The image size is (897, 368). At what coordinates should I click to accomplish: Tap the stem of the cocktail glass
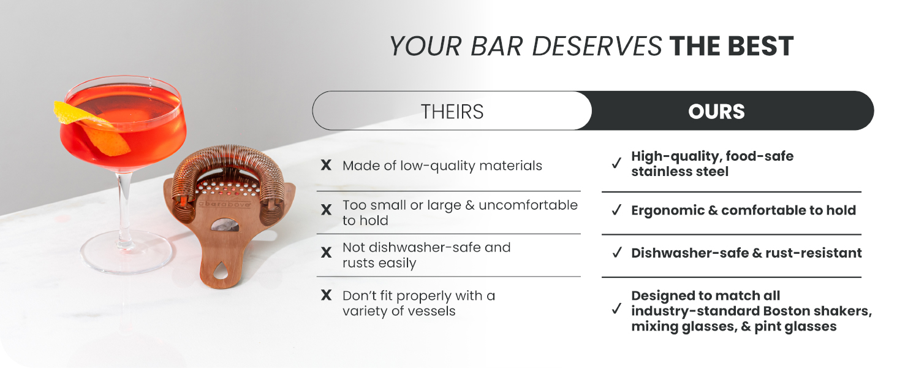point(125,209)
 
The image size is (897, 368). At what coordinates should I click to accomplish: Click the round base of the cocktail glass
point(126,253)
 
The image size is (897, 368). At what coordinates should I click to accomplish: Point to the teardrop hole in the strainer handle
point(220,270)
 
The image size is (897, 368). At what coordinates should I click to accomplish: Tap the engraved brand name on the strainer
point(225,204)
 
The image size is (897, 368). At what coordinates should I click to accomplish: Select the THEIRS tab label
point(452,112)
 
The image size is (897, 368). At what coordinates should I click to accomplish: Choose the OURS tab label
point(716,112)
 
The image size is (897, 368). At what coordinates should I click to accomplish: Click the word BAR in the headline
point(496,46)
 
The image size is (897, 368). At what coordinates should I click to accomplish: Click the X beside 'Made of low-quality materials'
point(327,165)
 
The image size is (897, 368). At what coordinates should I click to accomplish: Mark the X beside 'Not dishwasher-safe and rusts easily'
point(327,252)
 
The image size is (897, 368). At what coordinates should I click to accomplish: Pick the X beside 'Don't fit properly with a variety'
point(327,295)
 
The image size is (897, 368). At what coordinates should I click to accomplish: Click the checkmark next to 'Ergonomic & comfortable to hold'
point(616,210)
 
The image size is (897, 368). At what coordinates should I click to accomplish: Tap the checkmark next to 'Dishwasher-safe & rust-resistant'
point(616,253)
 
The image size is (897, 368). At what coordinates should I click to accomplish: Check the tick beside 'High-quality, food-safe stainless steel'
point(616,163)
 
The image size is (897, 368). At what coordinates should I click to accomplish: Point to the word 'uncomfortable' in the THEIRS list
point(528,205)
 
